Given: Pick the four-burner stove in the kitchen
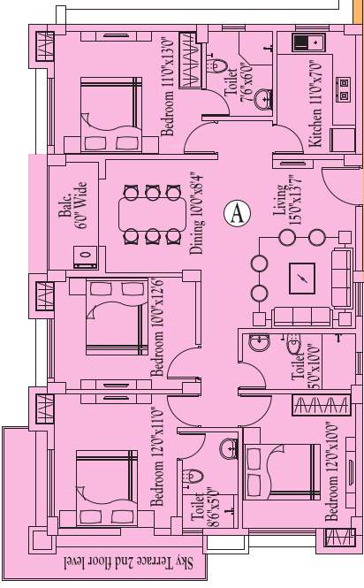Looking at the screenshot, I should pos(343,88).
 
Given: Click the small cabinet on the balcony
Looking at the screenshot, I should pos(85,259).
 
